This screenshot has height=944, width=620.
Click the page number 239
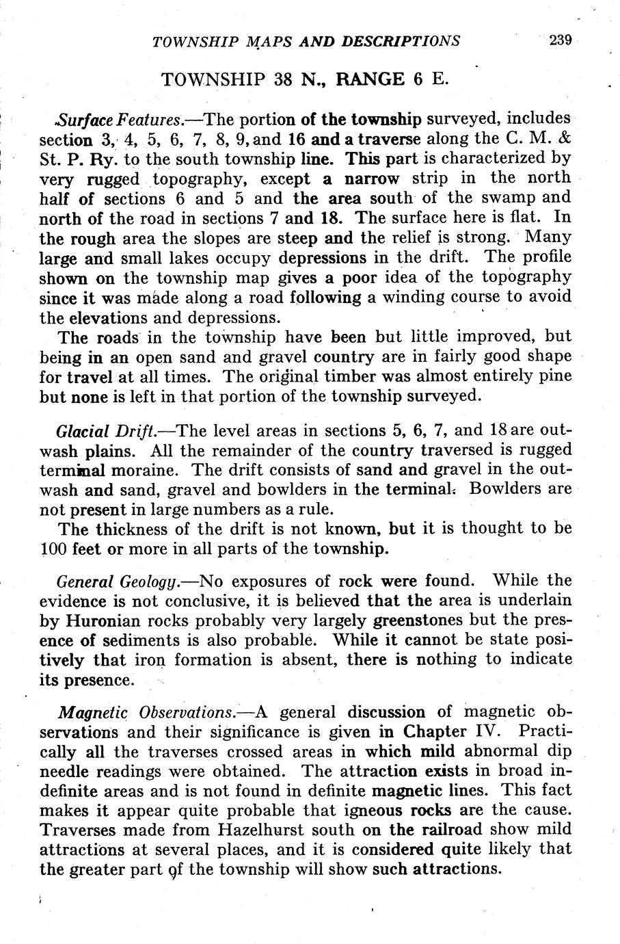coord(559,40)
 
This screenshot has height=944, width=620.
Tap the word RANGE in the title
coord(371,79)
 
